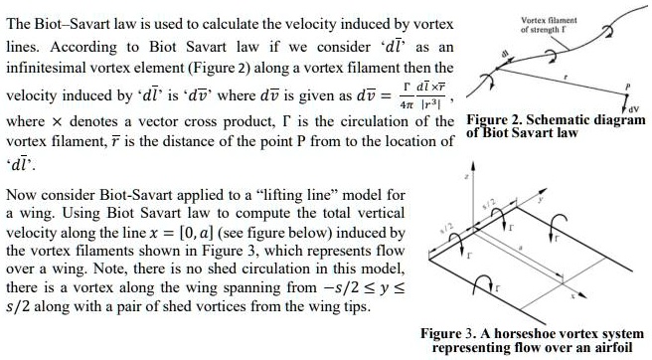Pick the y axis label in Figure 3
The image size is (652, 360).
pyautogui.click(x=570, y=199)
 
